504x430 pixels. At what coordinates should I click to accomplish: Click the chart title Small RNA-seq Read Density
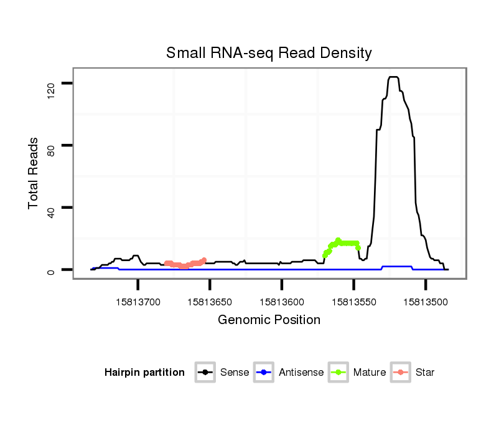[x=269, y=53]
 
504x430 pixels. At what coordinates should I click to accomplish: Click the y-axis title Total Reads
[x=34, y=173]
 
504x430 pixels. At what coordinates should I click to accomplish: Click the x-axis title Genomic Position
[x=269, y=320]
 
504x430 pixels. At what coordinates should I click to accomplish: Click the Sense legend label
[x=235, y=373]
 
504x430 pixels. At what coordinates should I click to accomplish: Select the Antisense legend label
[x=302, y=373]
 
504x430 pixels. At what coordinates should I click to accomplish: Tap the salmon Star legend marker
[x=401, y=373]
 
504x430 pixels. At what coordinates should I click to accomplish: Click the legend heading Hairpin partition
[x=144, y=373]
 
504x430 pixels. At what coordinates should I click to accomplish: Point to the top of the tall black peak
[x=393, y=77]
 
